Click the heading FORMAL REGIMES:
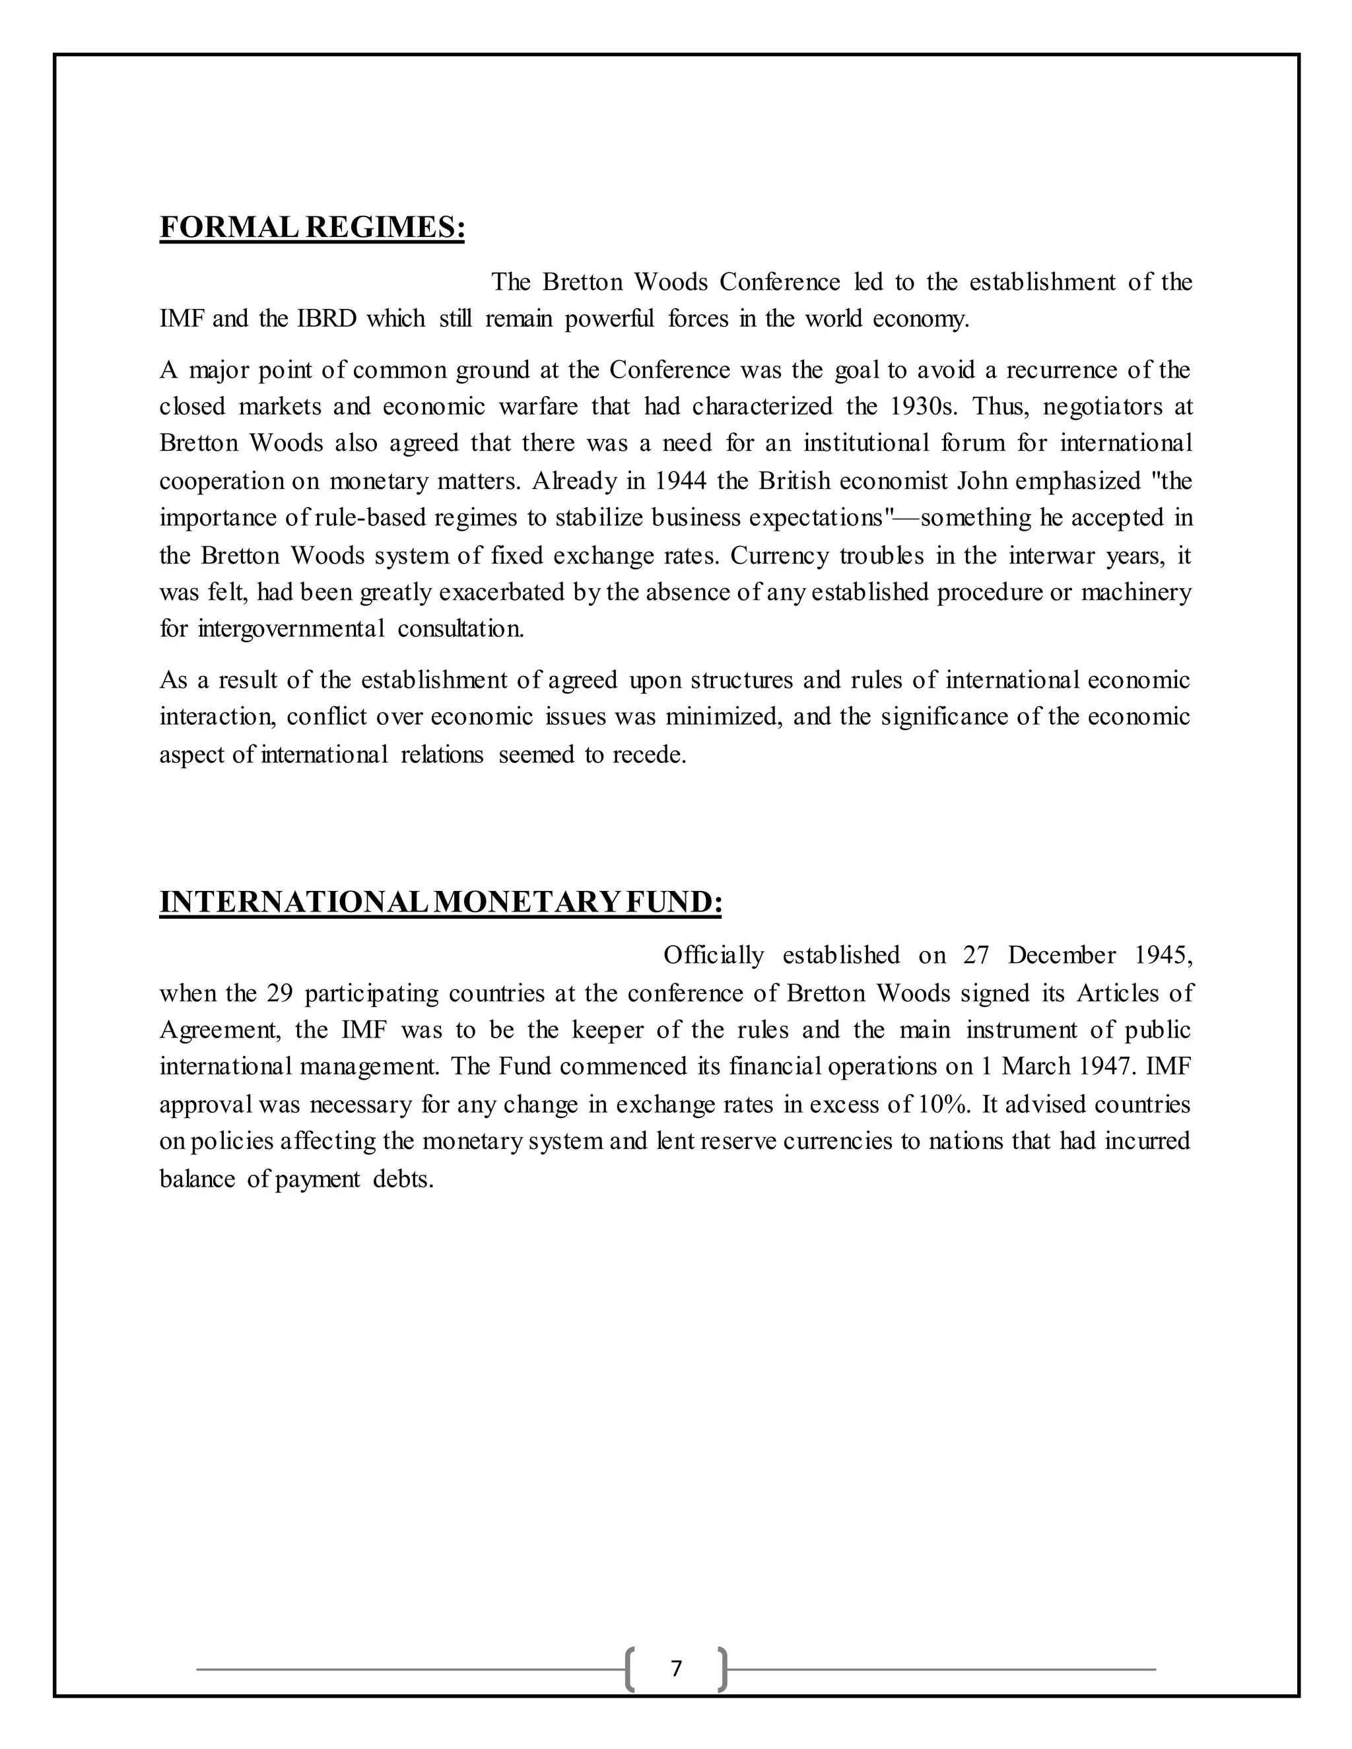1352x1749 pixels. click(312, 228)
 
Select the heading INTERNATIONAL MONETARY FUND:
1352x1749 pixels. click(440, 902)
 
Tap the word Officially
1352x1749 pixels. click(713, 956)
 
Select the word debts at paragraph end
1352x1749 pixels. click(402, 1179)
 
